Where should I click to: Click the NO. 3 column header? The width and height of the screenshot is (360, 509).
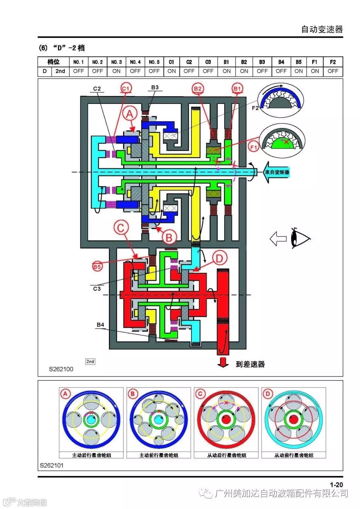[x=116, y=62]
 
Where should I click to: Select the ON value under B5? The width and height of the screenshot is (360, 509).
[x=299, y=71]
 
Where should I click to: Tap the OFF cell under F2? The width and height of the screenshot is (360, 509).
[x=333, y=71]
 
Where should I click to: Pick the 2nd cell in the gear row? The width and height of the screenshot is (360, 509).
[x=60, y=71]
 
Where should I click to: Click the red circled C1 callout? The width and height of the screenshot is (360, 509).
[x=126, y=88]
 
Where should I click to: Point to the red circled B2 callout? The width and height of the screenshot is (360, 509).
[x=198, y=88]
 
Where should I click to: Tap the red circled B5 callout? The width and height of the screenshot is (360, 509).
[x=97, y=266]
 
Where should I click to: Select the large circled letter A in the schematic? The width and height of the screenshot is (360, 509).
[x=130, y=114]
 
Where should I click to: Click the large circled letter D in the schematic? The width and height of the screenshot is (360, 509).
[x=219, y=258]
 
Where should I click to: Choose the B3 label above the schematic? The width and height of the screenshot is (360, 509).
[x=155, y=87]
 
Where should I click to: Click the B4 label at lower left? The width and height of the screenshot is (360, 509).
[x=100, y=325]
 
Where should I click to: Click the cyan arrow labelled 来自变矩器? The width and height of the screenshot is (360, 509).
[x=276, y=172]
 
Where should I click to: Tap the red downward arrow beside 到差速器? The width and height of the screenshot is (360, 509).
[x=223, y=363]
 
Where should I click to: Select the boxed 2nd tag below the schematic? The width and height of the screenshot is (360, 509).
[x=90, y=361]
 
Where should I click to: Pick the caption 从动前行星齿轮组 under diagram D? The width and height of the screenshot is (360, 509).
[x=293, y=455]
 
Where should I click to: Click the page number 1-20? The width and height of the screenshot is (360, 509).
[x=336, y=485]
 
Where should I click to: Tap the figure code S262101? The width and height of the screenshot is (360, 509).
[x=52, y=465]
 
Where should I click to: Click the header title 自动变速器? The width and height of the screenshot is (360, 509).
[x=322, y=30]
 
